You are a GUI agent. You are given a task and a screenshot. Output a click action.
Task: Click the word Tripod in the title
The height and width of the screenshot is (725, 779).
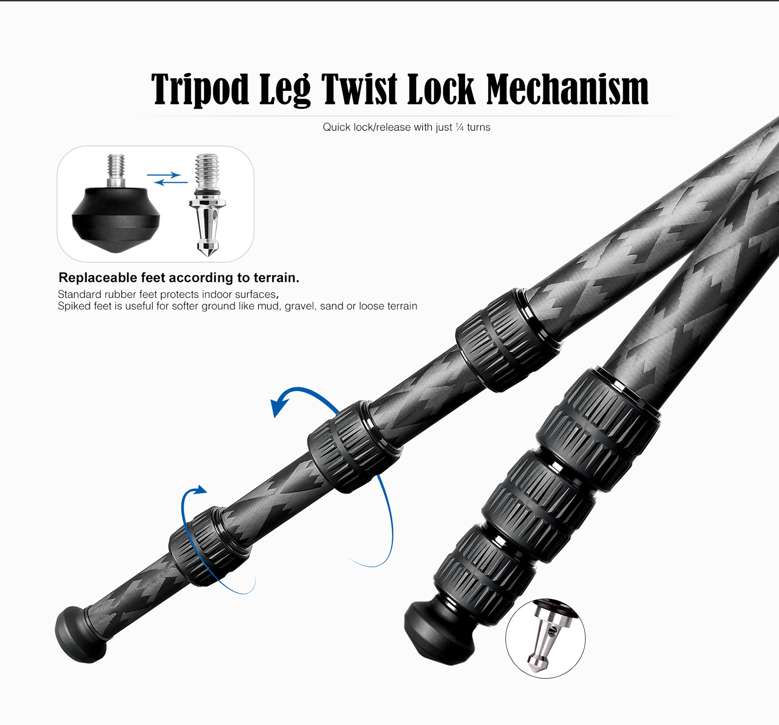(200, 89)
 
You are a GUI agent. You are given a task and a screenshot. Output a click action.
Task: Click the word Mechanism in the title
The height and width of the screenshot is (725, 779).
(568, 89)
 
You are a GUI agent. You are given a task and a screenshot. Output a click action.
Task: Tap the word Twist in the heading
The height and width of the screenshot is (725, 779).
(359, 89)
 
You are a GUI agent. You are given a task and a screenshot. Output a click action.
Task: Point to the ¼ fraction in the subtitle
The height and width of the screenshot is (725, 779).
(460, 127)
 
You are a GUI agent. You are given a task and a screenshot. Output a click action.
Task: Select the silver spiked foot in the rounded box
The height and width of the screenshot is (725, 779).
(207, 205)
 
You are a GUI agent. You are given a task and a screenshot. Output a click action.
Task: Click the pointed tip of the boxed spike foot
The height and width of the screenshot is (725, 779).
(208, 254)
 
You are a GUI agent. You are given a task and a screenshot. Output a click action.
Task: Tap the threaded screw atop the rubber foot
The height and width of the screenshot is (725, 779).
(116, 170)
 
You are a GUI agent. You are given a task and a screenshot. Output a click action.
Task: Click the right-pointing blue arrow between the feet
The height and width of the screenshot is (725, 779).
(164, 175)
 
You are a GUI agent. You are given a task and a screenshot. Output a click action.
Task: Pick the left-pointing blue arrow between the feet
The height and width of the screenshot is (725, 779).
(171, 182)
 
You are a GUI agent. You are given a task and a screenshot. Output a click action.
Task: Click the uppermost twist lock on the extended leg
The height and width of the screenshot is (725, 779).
(508, 340)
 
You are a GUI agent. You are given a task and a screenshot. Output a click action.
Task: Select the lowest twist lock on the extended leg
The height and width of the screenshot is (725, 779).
(210, 546)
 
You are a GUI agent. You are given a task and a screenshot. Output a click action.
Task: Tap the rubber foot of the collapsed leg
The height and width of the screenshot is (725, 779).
(440, 633)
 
